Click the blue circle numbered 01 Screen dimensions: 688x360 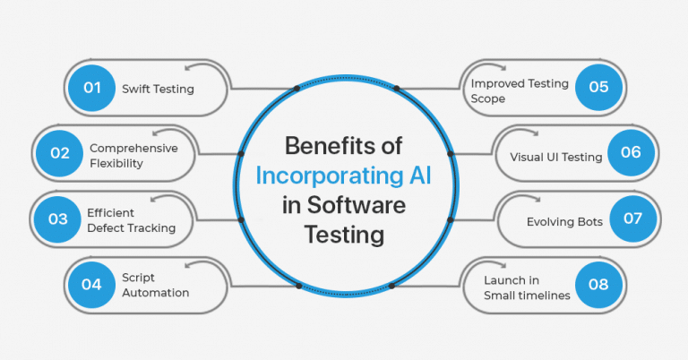click(x=91, y=88)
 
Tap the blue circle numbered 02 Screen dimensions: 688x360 click(x=60, y=153)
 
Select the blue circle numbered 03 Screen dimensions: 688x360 click(x=57, y=219)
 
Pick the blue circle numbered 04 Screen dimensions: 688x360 click(x=91, y=285)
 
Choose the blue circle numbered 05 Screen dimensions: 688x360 click(x=599, y=87)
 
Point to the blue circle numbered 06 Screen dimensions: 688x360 click(x=631, y=152)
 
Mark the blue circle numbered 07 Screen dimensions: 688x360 click(x=632, y=219)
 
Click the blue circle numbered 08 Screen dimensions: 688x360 click(x=599, y=285)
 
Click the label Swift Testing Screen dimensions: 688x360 click(x=158, y=89)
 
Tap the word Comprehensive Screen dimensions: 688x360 click(x=133, y=149)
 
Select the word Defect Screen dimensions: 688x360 click(x=106, y=228)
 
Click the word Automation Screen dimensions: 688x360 click(x=156, y=293)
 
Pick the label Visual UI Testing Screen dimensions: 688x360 click(x=556, y=157)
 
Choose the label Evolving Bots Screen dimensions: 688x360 click(x=564, y=222)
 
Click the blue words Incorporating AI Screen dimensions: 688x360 click(x=344, y=176)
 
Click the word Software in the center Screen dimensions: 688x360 click(x=357, y=205)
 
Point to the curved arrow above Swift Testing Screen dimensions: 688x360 click(x=200, y=64)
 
